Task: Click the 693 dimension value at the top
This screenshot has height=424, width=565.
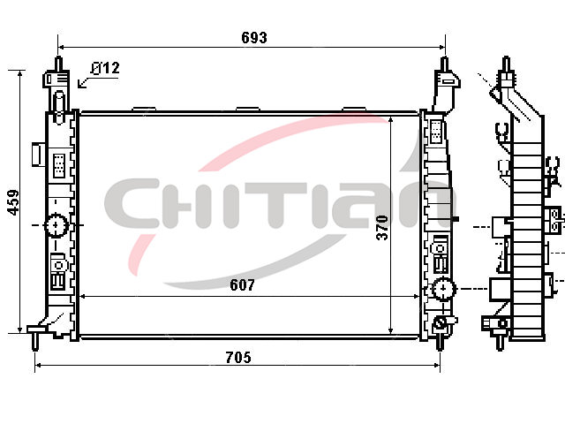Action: click(x=254, y=37)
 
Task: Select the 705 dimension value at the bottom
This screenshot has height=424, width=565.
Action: click(x=238, y=357)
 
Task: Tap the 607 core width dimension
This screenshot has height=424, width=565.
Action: click(x=242, y=285)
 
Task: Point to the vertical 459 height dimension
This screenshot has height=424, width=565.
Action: click(x=14, y=202)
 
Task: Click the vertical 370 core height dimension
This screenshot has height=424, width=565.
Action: click(x=382, y=228)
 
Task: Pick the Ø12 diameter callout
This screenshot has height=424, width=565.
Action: click(x=105, y=68)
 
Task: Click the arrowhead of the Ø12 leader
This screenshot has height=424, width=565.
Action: click(x=80, y=85)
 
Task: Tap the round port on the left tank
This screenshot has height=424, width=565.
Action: click(x=56, y=225)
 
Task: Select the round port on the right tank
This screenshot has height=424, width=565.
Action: click(x=443, y=289)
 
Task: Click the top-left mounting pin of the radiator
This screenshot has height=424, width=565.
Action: click(x=58, y=64)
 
